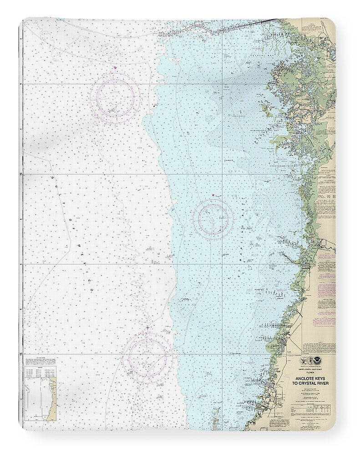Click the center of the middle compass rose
(213, 219)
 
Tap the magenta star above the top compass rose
(115, 68)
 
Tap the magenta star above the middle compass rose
(213, 195)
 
